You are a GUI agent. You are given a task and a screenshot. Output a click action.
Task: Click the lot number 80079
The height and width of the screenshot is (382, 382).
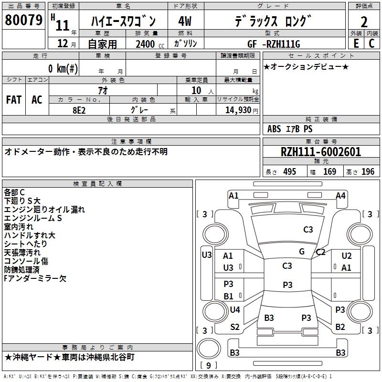coord(23,21)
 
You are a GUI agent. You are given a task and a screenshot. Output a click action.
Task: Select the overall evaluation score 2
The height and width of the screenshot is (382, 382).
coord(364,21)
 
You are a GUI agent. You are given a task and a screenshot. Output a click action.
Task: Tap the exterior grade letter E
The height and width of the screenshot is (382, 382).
coord(356,43)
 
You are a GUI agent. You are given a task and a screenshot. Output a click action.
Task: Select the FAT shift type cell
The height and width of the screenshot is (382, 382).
coord(13,100)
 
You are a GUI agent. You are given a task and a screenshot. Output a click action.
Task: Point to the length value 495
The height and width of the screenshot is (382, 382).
coord(289,172)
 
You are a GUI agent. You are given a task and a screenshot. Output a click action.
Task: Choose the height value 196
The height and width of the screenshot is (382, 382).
coord(368,172)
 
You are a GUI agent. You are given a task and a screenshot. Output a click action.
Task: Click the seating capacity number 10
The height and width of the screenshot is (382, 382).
coord(196,90)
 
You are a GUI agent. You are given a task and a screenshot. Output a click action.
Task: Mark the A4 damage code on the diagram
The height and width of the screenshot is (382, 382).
coord(340,195)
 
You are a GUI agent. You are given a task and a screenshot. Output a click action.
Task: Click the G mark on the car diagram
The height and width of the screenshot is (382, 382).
coord(302,251)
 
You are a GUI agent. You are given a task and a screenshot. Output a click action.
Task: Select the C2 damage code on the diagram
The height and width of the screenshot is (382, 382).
coord(320,252)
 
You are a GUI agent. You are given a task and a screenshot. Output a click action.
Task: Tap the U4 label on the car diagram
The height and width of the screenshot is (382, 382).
coord(235,310)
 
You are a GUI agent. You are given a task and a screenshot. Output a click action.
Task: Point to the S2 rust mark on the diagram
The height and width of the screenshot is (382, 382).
coord(235,327)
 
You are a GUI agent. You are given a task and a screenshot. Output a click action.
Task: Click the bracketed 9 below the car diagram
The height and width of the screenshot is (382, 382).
coord(208,365)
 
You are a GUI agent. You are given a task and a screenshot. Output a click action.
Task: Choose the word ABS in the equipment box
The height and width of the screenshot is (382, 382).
coord(274,129)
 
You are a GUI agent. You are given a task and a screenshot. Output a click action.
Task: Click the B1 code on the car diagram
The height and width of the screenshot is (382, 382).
coord(229,296)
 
